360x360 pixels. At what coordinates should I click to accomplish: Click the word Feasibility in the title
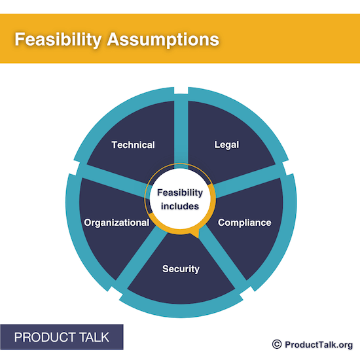(x=56, y=39)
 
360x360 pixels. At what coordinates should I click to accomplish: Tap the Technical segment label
(x=133, y=145)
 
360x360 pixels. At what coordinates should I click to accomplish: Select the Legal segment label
(x=226, y=144)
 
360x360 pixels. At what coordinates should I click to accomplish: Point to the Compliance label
(x=244, y=223)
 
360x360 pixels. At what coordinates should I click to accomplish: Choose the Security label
(x=181, y=268)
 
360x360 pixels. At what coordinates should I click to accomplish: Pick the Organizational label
(x=117, y=223)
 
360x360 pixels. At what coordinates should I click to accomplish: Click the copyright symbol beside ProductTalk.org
(x=276, y=344)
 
